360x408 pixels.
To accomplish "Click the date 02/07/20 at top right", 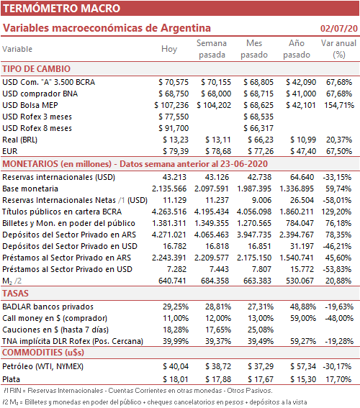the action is tap(339, 28).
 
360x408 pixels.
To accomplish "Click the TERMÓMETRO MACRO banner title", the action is tap(61, 9).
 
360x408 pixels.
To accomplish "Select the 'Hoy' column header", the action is tap(169, 49).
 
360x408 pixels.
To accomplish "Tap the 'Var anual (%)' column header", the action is tap(338, 49).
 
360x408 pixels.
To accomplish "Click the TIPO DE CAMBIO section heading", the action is tap(37, 69).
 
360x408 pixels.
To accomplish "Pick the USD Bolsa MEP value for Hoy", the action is tap(171, 105).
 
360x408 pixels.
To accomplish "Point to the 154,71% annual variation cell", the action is tap(339, 105).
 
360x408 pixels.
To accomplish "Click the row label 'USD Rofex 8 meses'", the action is tap(37, 128).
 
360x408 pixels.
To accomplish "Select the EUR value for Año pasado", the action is tap(301, 151).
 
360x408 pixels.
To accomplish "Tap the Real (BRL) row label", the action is tap(19, 140).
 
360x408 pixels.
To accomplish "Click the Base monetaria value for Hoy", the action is tap(169, 189).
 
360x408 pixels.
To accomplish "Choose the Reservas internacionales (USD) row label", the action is tap(58, 177).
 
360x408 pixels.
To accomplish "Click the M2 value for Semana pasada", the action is tap(215, 281).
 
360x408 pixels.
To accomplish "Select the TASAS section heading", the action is tap(15, 294).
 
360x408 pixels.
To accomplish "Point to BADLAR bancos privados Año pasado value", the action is tap(303, 307).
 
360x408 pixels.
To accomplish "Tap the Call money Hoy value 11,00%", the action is tap(176, 318).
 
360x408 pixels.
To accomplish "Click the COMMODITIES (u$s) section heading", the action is tap(43, 353).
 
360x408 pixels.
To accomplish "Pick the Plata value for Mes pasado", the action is tap(261, 379).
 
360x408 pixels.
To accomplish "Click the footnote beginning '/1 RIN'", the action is tap(138, 391).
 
